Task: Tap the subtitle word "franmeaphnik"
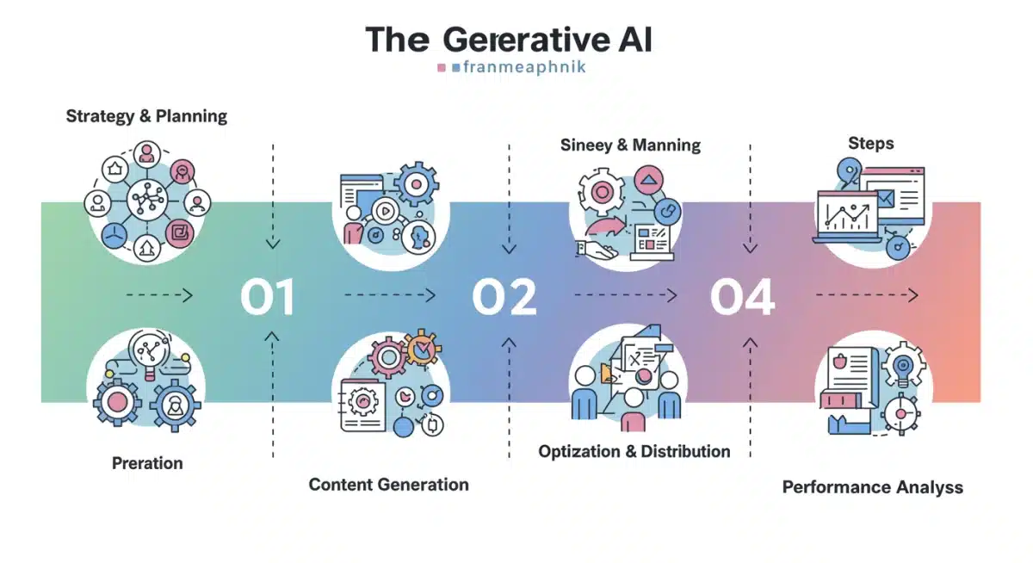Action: click(x=523, y=66)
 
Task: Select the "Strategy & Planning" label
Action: click(x=146, y=115)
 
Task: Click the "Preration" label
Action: click(x=147, y=463)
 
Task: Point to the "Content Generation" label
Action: click(x=388, y=484)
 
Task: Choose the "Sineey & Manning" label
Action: click(x=630, y=145)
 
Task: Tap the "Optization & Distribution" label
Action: click(x=634, y=451)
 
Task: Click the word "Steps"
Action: click(x=870, y=143)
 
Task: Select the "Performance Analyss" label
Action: click(x=872, y=487)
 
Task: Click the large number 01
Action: click(x=268, y=297)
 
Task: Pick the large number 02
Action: click(x=504, y=297)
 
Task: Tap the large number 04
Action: click(x=742, y=297)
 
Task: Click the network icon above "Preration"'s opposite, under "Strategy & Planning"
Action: click(x=147, y=201)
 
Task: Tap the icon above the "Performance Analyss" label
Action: click(x=872, y=388)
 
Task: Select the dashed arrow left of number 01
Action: click(x=158, y=295)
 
